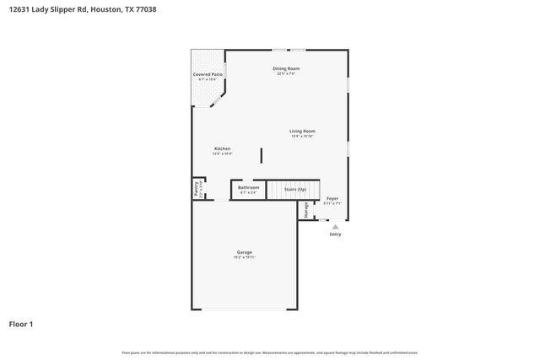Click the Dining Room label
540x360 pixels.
(286, 68)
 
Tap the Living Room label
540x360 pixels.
(302, 131)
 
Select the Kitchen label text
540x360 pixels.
(222, 148)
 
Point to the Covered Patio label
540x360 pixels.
(208, 74)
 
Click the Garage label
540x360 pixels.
(245, 252)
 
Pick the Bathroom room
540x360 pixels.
(248, 190)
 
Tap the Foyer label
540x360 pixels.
(332, 198)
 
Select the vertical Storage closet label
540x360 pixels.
(305, 210)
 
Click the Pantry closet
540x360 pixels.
(197, 189)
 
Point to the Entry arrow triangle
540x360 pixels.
(335, 226)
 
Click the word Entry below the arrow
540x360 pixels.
(335, 234)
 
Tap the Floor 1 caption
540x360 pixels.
(21, 324)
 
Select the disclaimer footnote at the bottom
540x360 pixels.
(269, 352)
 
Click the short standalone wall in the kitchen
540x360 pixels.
(262, 155)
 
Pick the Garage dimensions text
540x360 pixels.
(245, 257)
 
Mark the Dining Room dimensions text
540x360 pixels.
(287, 73)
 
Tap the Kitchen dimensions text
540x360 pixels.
(222, 153)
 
